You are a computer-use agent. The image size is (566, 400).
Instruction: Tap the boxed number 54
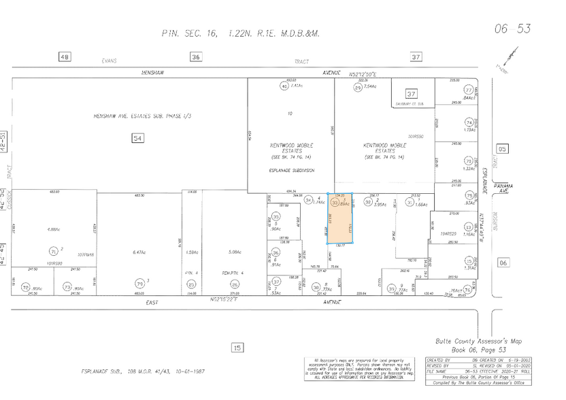coord(138,139)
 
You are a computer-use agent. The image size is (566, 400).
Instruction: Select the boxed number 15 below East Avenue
coord(237,348)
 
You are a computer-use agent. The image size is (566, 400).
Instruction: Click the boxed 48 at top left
coord(65,58)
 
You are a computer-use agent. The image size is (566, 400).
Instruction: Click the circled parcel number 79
coord(139,283)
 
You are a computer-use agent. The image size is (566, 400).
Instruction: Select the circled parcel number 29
coord(357,88)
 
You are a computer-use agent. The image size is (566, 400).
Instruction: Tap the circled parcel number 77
coord(468,90)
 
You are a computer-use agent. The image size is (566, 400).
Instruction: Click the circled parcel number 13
coord(468,227)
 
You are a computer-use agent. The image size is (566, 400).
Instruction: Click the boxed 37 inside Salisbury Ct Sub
coord(411,93)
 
